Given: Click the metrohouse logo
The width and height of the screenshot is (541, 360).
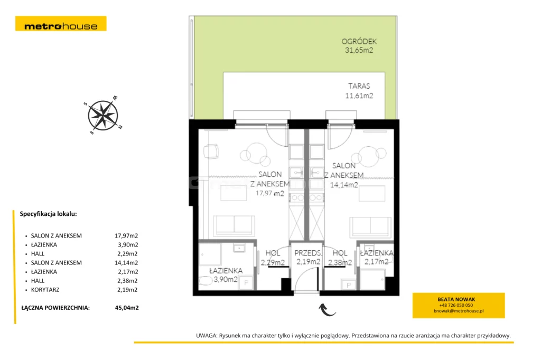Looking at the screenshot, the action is [x=61, y=24].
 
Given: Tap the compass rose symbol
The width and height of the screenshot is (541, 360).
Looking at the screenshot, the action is [x=103, y=115].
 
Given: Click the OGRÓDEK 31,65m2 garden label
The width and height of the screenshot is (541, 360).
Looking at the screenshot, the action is [x=359, y=46].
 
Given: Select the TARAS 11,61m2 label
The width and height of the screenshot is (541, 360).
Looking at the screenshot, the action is [x=359, y=91].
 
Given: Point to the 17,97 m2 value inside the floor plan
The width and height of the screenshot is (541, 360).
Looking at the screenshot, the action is [x=270, y=193].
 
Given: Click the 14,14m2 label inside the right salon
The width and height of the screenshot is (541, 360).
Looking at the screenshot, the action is [x=344, y=185].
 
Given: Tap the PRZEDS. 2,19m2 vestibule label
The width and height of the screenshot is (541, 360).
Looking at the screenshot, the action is [x=308, y=257].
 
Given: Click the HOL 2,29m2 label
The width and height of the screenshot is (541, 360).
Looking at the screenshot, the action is [x=273, y=258].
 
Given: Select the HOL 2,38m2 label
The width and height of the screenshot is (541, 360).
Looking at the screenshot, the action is [x=340, y=258].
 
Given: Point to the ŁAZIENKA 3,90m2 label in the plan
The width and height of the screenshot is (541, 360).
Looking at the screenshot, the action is [x=226, y=275].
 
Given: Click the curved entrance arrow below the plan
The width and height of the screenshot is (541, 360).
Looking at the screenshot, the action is [x=327, y=309].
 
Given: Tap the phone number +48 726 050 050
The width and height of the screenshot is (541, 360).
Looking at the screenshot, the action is [x=456, y=305].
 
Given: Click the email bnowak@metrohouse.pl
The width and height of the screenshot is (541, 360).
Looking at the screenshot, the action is [x=459, y=311].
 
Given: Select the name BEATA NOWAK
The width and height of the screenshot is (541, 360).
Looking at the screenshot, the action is [x=456, y=299].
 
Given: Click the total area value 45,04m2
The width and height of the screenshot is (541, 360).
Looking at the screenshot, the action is [x=127, y=308].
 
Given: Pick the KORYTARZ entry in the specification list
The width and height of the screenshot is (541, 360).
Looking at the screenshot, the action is [x=45, y=290].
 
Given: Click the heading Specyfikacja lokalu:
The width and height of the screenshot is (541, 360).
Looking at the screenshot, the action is [x=48, y=214].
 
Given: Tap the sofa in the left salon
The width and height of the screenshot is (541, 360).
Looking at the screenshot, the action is [x=234, y=226].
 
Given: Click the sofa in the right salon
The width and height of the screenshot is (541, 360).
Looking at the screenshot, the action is [x=370, y=226].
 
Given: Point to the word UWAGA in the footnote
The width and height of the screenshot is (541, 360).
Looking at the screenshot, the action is [x=207, y=336].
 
